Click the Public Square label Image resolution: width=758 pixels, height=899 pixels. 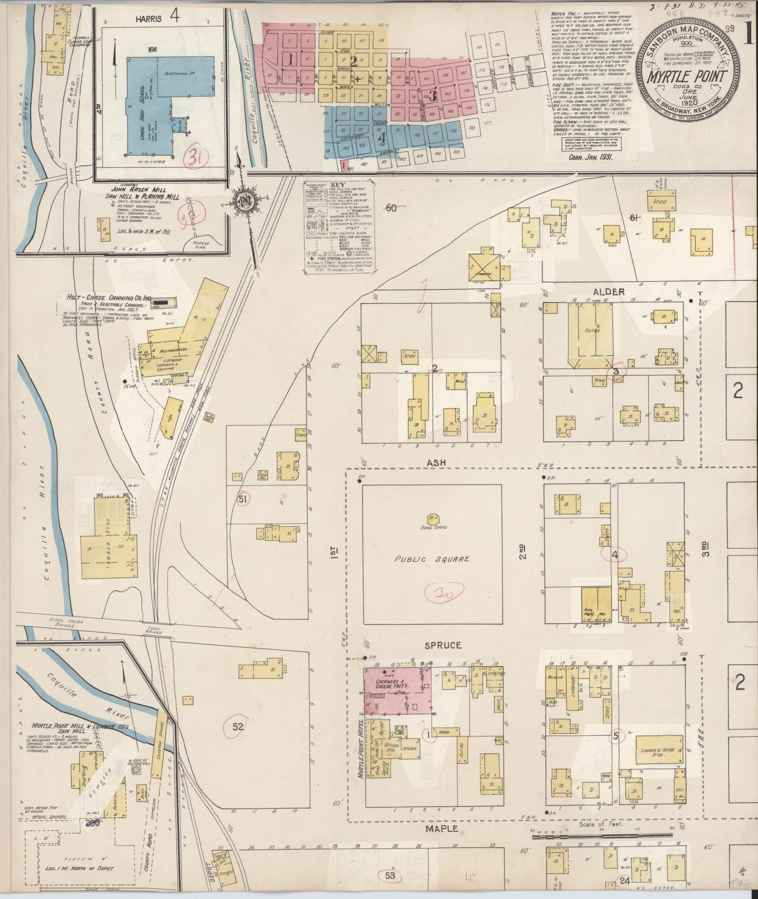[x=432, y=559]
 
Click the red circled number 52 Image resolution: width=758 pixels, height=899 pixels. [x=238, y=727]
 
